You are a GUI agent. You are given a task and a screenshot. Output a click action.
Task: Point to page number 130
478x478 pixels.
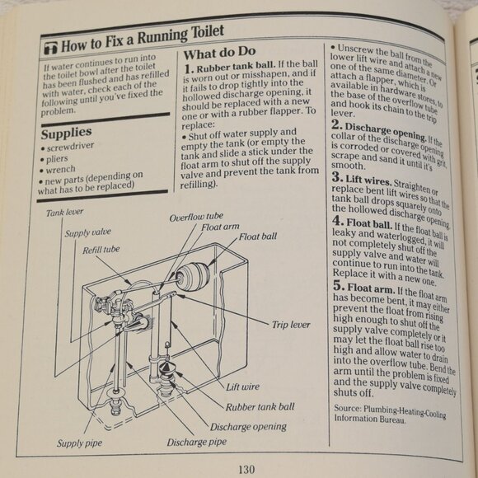[246, 470]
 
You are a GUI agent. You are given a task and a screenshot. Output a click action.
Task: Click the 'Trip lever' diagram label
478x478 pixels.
[291, 324]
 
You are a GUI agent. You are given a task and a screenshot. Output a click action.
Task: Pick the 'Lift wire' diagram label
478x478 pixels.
[245, 385]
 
